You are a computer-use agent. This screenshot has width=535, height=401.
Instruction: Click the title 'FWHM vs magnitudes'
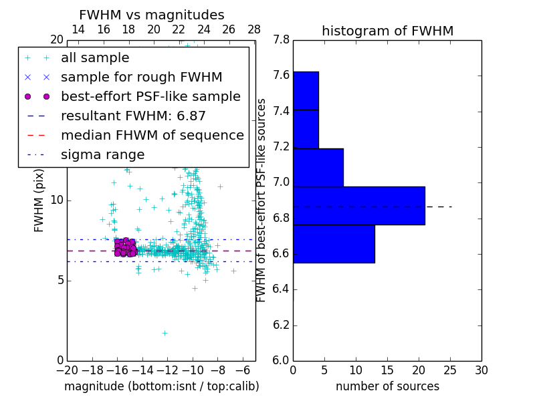point(151,15)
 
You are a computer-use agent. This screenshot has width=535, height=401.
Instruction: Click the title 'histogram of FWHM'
point(387,31)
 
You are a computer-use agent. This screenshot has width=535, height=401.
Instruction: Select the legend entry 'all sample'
point(95,58)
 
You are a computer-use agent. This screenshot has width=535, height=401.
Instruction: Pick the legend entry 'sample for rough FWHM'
point(141,78)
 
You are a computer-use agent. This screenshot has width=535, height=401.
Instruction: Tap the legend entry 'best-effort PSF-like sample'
point(150,97)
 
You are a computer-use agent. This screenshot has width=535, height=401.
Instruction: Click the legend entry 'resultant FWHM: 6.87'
point(133,116)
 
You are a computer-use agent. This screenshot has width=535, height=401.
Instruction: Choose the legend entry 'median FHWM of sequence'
point(152,136)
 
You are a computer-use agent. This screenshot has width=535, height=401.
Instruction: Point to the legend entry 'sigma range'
point(102,155)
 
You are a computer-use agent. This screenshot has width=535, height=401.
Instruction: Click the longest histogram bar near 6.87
point(358,206)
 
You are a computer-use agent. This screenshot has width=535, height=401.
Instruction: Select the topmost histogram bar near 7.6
point(306,90)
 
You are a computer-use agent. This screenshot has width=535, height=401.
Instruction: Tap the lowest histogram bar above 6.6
point(334,244)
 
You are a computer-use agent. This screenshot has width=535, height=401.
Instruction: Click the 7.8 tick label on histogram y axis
point(281,40)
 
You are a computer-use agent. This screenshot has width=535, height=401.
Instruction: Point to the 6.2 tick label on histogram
point(281,325)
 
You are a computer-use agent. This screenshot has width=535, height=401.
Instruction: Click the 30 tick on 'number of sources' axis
point(481,370)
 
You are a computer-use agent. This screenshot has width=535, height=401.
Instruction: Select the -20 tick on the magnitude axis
point(67,370)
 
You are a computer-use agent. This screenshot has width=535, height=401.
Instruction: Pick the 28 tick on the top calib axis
point(254,29)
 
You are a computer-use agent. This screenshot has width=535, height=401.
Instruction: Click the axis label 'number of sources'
point(387,386)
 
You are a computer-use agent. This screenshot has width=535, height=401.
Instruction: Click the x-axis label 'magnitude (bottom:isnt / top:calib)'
point(161,386)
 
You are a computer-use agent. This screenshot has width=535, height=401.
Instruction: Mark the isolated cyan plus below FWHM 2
point(165,333)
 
